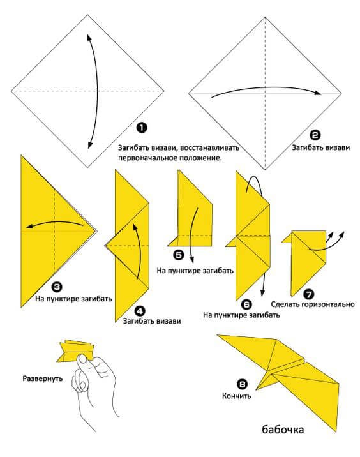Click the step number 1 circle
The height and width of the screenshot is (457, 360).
pyautogui.click(x=142, y=128)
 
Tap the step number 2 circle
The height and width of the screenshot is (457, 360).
pyautogui.click(x=315, y=135)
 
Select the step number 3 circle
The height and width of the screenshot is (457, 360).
pyautogui.click(x=57, y=287)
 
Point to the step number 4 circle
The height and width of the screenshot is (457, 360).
pyautogui.click(x=140, y=311)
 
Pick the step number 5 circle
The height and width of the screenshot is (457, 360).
pyautogui.click(x=178, y=255)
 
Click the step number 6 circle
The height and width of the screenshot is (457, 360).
pyautogui.click(x=246, y=304)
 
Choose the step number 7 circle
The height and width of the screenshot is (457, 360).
pyautogui.click(x=309, y=294)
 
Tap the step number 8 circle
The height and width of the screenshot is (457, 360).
pyautogui.click(x=242, y=384)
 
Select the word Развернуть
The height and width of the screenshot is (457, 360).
pyautogui.click(x=43, y=378)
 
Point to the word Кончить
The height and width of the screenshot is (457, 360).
pyautogui.click(x=236, y=396)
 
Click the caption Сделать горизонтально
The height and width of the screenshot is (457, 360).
pyautogui.click(x=313, y=304)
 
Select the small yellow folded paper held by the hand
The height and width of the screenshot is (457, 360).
pyautogui.click(x=76, y=351)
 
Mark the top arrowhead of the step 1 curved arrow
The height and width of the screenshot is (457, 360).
pyautogui.click(x=88, y=37)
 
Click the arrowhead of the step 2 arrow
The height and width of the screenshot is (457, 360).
pyautogui.click(x=318, y=93)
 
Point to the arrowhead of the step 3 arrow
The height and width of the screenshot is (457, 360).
pyautogui.click(x=29, y=227)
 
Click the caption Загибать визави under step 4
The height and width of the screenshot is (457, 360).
pyautogui.click(x=152, y=321)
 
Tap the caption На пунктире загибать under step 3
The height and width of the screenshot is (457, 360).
pyautogui.click(x=74, y=299)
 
